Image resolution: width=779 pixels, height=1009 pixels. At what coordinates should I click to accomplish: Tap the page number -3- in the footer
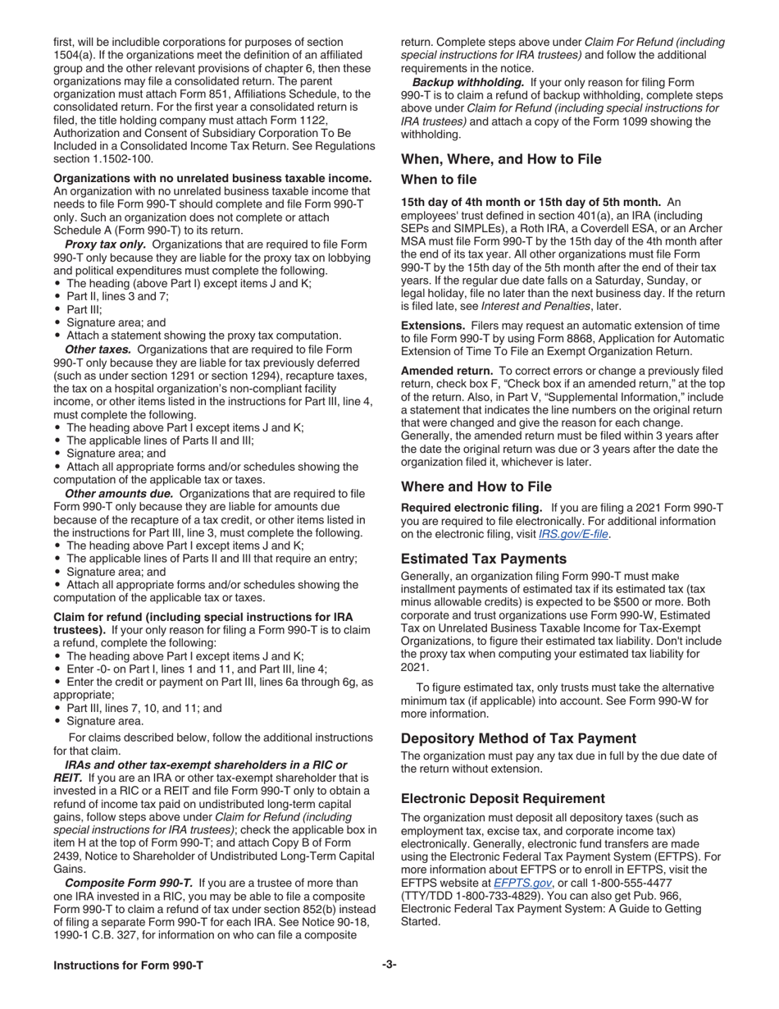click(x=389, y=966)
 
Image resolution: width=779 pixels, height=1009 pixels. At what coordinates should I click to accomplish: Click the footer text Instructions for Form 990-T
click(x=128, y=966)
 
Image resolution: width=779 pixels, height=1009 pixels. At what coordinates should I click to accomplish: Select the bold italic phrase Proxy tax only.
click(x=105, y=244)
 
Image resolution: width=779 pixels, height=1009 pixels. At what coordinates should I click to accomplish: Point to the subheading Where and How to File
click(x=476, y=486)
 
